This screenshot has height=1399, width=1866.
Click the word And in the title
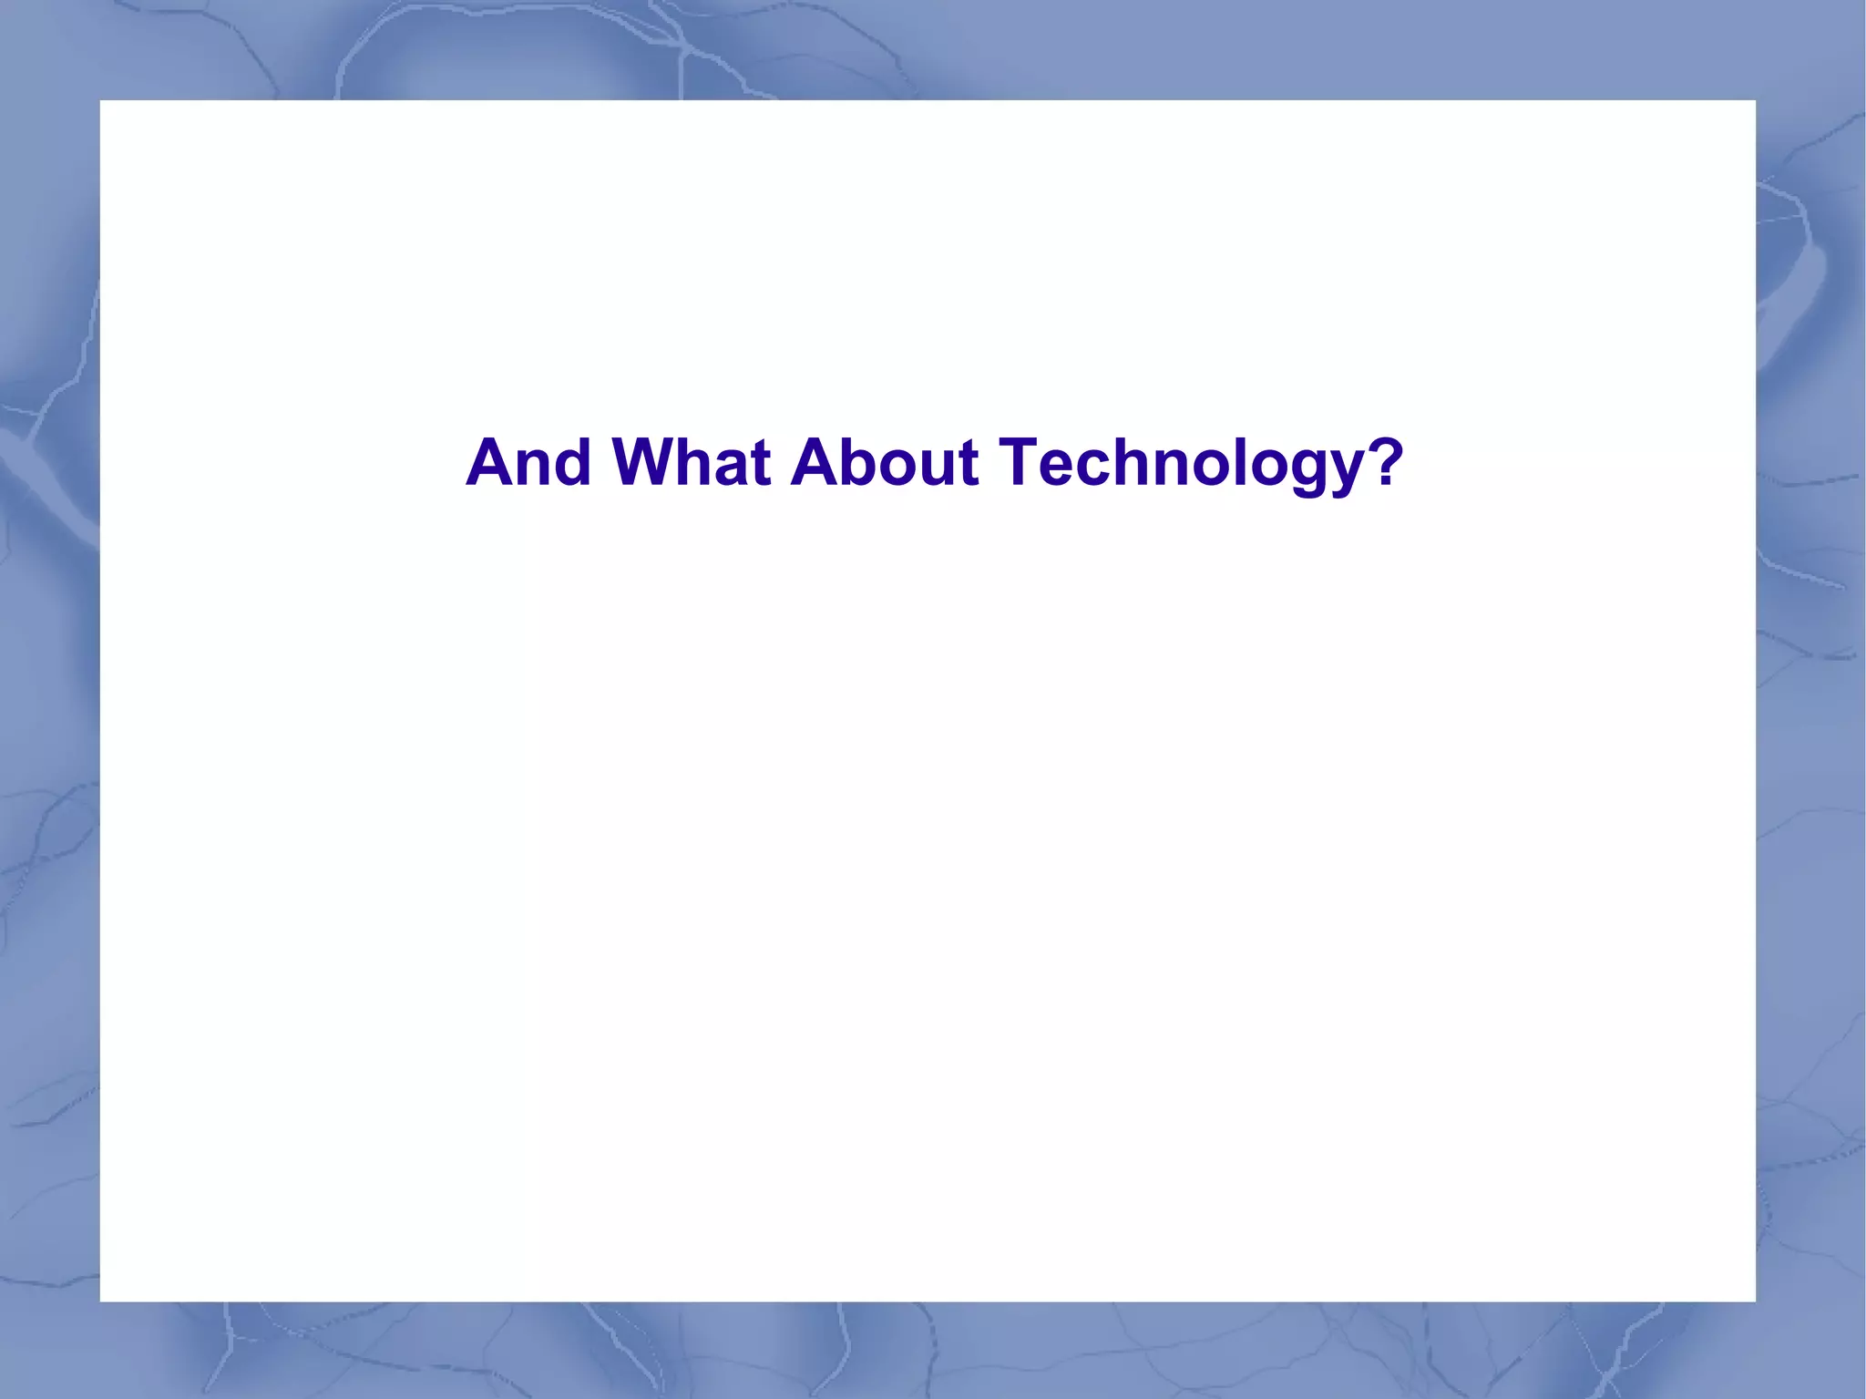tap(528, 462)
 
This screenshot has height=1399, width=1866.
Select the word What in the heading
tap(692, 462)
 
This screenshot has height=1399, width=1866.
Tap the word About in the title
tap(884, 462)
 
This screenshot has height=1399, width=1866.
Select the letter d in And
tap(573, 462)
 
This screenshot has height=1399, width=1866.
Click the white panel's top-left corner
tap(100, 101)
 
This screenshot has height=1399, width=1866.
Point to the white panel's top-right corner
tap(1755, 101)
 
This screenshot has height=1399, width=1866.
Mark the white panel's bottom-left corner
tap(100, 1301)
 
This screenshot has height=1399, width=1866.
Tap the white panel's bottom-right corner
tap(1755, 1301)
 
